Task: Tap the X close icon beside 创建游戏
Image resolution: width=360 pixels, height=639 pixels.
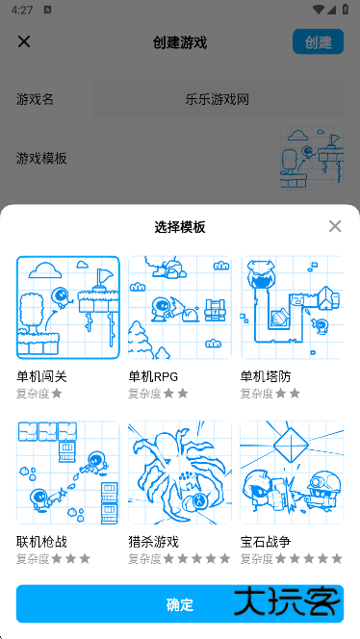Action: coord(24,41)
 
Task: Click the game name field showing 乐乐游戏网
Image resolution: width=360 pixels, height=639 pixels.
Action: coord(218,99)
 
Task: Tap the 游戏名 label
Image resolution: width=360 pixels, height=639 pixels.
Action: coord(36,99)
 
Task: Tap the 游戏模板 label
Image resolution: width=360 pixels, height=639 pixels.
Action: coord(42,158)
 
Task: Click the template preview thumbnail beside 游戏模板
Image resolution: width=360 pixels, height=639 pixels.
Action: coord(311,159)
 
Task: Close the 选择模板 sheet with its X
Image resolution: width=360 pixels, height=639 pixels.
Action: coord(335,226)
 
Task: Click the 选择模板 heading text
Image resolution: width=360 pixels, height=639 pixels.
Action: coord(180,227)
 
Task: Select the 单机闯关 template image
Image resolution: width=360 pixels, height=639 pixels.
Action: coord(68,307)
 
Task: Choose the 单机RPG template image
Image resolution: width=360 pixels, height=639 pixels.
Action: coord(180,307)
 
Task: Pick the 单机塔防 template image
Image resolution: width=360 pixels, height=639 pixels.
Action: coord(292,307)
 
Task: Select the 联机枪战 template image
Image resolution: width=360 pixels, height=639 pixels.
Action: coord(68,473)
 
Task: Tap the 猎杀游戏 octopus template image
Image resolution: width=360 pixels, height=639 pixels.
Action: coord(180,473)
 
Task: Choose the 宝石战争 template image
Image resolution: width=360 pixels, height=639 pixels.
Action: coord(292,473)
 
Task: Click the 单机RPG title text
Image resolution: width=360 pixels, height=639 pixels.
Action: coord(153,376)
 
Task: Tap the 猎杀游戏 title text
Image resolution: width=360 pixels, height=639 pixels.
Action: coord(154,542)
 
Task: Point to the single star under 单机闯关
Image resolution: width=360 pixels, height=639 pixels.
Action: coord(57,393)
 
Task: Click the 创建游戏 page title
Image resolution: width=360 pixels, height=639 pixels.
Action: coord(180,42)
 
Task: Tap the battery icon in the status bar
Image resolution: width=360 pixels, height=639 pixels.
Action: coord(345,10)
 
